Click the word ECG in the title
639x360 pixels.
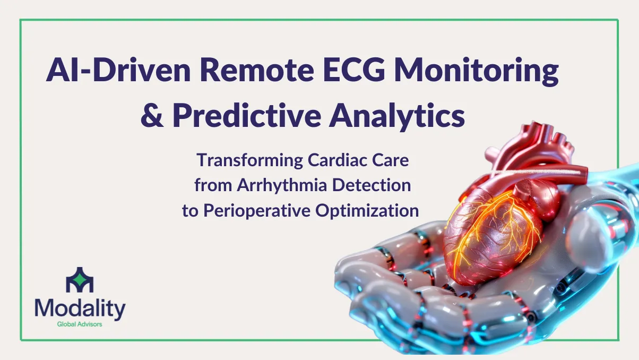(x=353, y=70)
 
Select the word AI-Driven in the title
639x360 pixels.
(x=118, y=70)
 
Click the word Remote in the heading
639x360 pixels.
(x=257, y=70)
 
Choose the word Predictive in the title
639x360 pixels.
(x=247, y=115)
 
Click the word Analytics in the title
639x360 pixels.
(x=397, y=116)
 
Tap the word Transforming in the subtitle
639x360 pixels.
(x=250, y=160)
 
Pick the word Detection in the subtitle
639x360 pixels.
(x=372, y=185)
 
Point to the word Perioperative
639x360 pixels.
(x=257, y=211)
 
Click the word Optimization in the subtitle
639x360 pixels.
(x=367, y=211)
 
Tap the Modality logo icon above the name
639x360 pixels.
(x=80, y=280)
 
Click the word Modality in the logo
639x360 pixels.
(x=80, y=309)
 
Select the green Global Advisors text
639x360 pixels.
(x=80, y=324)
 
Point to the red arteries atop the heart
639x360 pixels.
(x=536, y=149)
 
